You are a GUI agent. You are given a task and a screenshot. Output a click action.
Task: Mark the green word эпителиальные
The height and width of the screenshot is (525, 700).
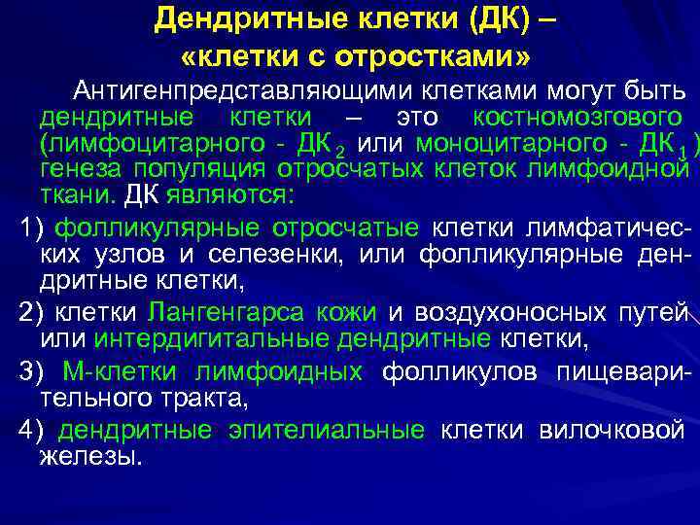click(x=326, y=430)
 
